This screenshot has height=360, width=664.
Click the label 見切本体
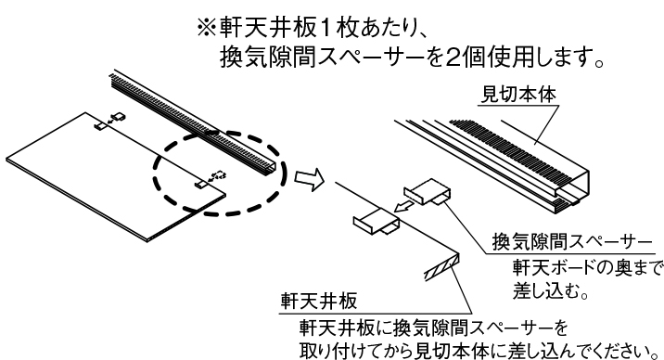[518, 95]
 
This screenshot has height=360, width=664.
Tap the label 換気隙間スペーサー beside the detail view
[571, 242]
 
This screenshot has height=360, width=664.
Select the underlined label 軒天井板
[319, 302]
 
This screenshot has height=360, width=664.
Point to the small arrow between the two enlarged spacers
[403, 207]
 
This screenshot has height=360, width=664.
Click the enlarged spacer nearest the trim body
[428, 191]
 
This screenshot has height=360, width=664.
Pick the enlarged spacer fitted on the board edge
[377, 221]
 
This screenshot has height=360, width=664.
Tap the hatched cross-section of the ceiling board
[442, 267]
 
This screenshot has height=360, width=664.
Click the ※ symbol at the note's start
[207, 29]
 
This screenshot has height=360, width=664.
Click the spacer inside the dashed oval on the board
[200, 184]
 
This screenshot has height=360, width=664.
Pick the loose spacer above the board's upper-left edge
[119, 117]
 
